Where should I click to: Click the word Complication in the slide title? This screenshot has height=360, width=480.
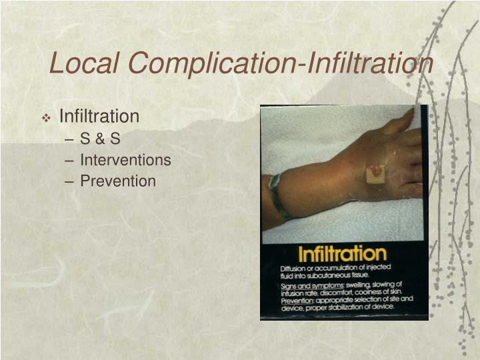[x=211, y=63]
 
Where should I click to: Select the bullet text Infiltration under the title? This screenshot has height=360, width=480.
[x=99, y=117]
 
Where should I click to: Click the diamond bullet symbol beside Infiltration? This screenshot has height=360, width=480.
[x=47, y=118]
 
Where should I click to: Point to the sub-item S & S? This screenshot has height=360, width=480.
[x=100, y=139]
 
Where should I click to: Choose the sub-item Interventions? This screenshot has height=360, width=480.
[x=125, y=160]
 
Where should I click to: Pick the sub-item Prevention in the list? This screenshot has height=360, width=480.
[x=118, y=181]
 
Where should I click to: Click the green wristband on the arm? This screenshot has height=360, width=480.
[x=276, y=196]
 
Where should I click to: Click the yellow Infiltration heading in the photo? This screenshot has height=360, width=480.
[x=342, y=254]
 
